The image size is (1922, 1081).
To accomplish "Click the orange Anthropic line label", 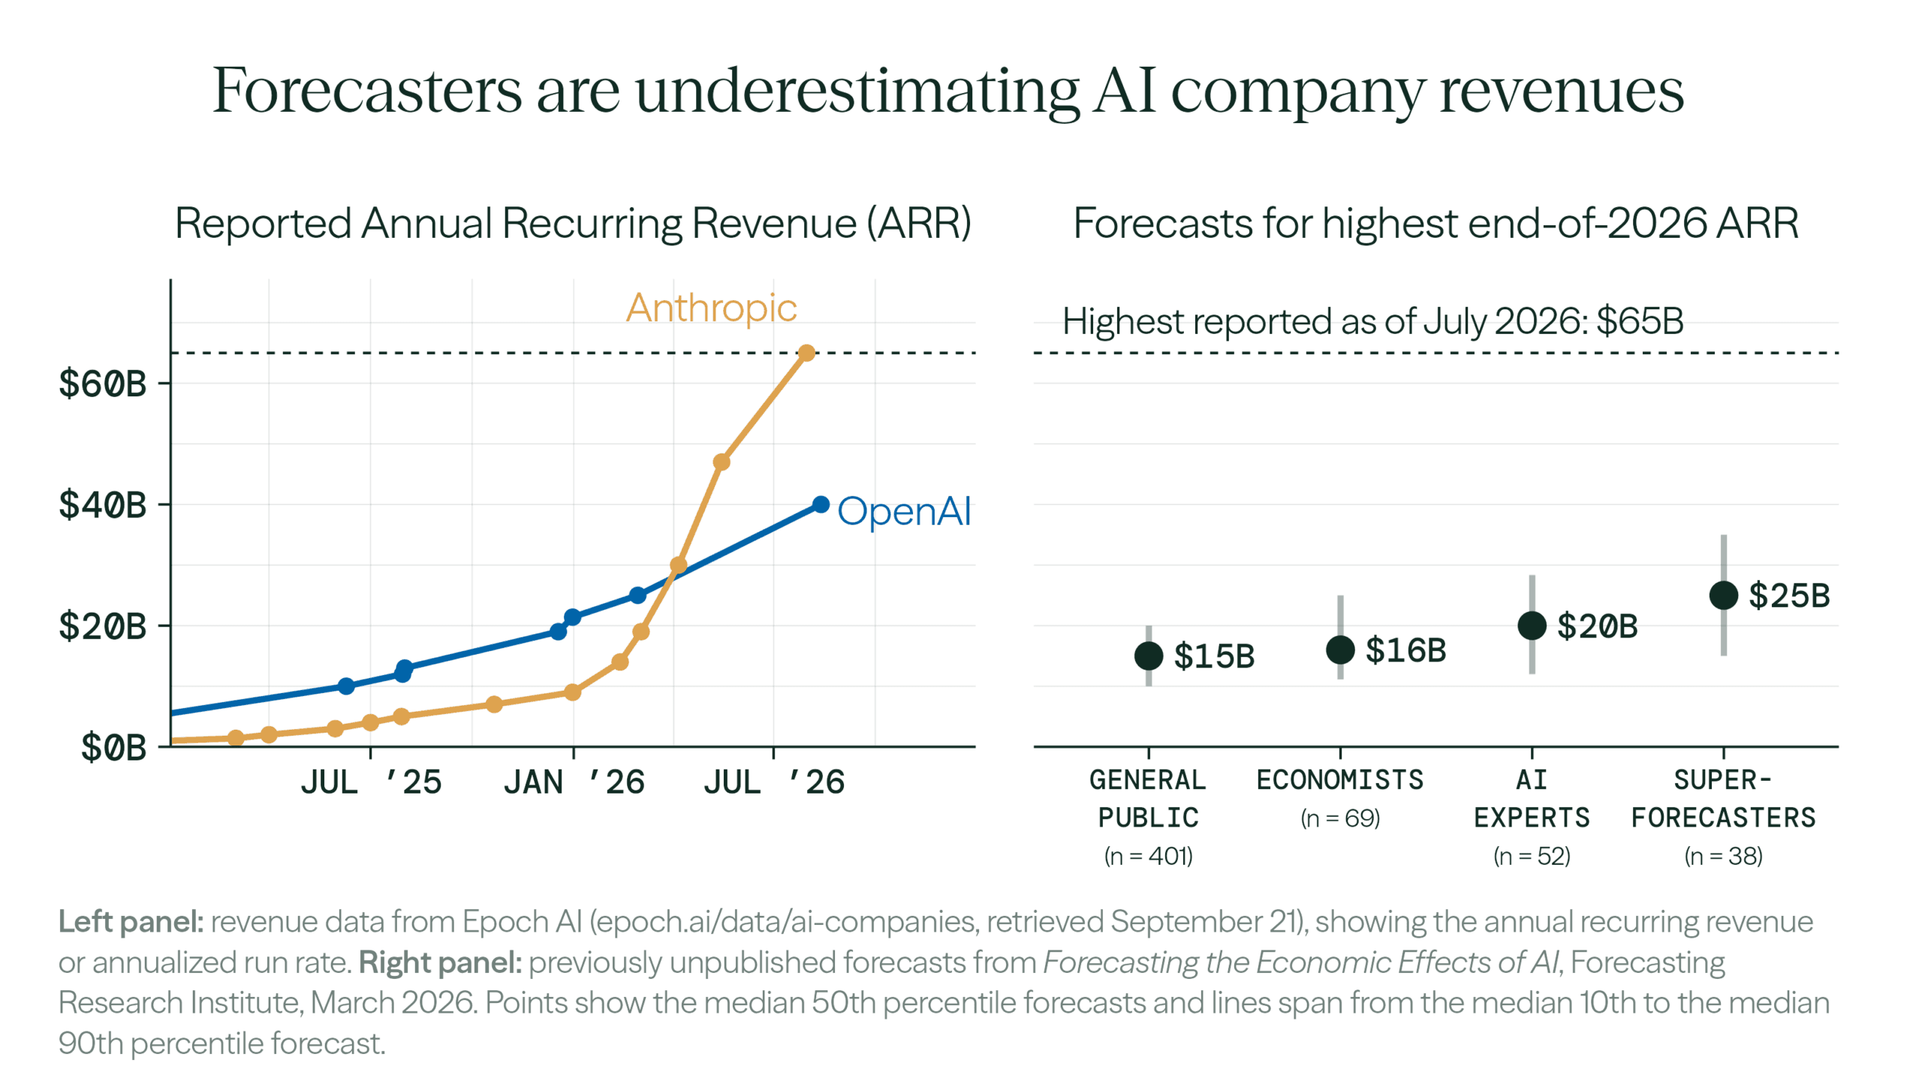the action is click(x=711, y=308).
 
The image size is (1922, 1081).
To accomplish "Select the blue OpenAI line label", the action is click(x=904, y=511).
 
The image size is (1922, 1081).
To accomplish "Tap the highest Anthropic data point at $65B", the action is click(x=806, y=353).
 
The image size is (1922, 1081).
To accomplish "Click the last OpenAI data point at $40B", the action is click(x=821, y=504).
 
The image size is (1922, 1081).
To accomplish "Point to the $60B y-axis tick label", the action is click(x=102, y=384).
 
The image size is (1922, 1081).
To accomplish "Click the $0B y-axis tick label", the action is click(x=113, y=747).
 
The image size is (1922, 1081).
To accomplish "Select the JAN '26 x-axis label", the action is click(x=574, y=782).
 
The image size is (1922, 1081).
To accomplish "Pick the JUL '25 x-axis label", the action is click(x=371, y=782).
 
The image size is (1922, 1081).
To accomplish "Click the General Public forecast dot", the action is click(x=1149, y=655).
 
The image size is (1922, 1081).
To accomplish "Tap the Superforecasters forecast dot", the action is click(x=1724, y=595).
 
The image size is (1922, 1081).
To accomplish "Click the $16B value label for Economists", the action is click(x=1405, y=650).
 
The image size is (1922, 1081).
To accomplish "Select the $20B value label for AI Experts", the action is click(x=1597, y=625).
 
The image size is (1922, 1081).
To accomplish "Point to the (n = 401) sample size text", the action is click(x=1149, y=856).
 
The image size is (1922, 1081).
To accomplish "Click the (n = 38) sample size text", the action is click(x=1724, y=856).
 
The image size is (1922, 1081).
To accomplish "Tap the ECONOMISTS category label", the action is click(x=1340, y=780).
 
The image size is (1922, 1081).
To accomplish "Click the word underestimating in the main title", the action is click(x=857, y=92).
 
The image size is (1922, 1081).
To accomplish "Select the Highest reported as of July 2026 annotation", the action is click(x=1372, y=321).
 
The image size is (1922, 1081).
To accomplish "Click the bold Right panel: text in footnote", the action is click(x=440, y=962).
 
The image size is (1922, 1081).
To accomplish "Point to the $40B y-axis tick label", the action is click(x=102, y=504).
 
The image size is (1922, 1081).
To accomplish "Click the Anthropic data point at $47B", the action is click(x=722, y=462).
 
